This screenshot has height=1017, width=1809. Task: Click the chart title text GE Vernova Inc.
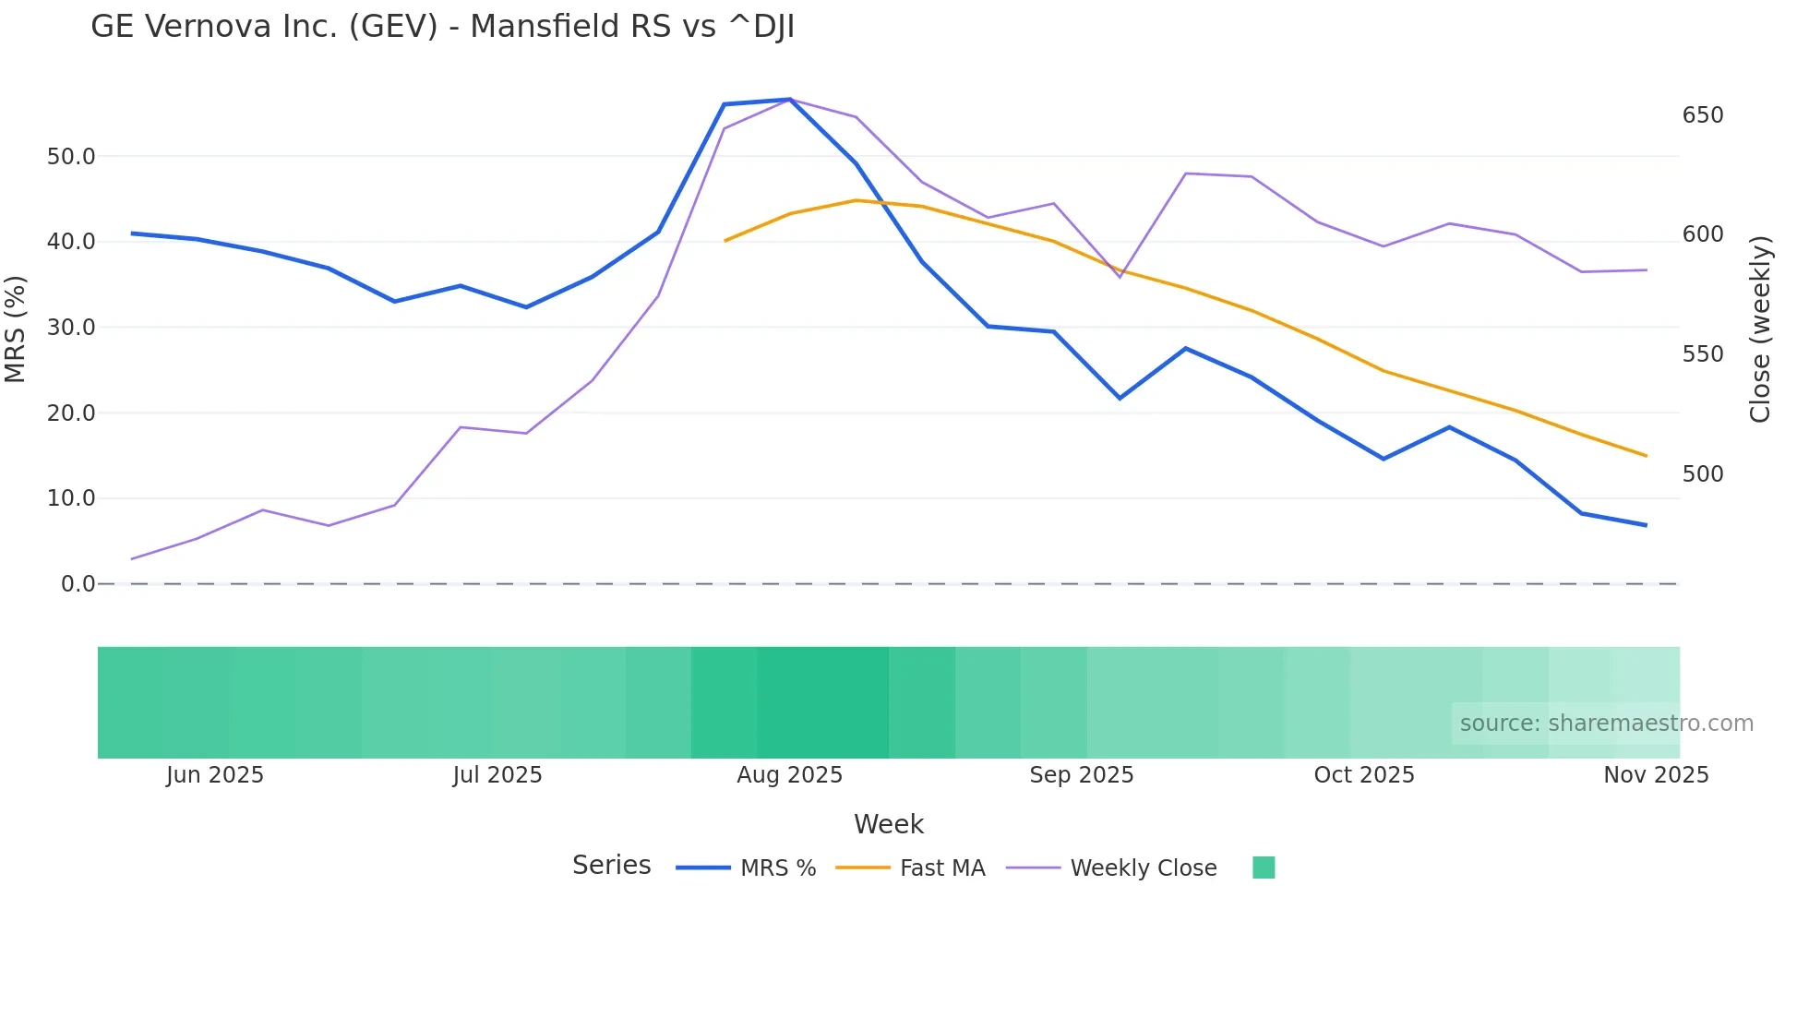tap(443, 27)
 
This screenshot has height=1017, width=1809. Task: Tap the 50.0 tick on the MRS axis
tap(71, 157)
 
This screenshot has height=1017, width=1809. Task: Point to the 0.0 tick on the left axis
tap(78, 584)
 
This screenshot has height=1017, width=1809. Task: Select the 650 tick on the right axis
tap(1703, 115)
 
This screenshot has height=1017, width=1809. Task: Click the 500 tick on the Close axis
tap(1703, 474)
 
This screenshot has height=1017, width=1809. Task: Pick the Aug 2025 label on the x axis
tap(789, 775)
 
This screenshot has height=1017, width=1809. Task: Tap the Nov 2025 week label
tap(1656, 775)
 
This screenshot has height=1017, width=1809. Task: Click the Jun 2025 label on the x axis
tap(215, 775)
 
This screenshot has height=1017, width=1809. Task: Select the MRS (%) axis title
tap(16, 329)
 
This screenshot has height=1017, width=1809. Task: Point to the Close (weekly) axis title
tap(1760, 329)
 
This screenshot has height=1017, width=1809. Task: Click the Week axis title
tap(888, 824)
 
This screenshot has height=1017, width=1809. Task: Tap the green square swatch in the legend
tap(1264, 867)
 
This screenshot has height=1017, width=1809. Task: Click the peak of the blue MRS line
tap(789, 99)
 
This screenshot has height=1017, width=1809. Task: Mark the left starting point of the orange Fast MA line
tap(725, 241)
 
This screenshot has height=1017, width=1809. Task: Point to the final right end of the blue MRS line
tap(1646, 525)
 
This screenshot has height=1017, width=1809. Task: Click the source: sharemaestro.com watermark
tap(1606, 724)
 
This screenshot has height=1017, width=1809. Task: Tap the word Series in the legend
tap(611, 866)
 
